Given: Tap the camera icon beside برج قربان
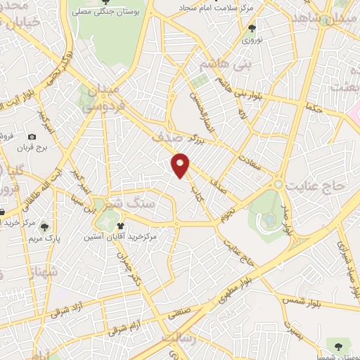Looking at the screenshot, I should point(32,136).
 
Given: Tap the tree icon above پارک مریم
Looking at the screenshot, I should point(46,226).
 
